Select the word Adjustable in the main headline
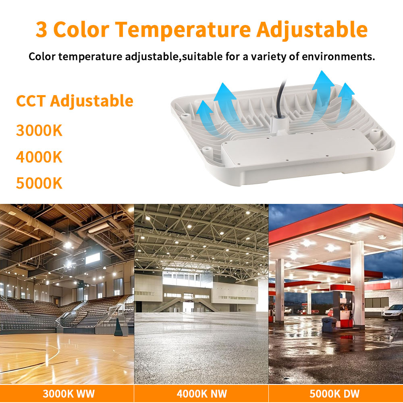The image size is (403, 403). [312, 29]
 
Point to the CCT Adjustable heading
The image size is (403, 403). [75, 100]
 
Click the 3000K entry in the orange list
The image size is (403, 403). [39, 130]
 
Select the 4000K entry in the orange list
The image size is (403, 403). [39, 157]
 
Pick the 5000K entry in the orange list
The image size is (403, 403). [39, 183]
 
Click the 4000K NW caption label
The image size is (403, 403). [201, 393]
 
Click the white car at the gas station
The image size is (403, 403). [393, 312]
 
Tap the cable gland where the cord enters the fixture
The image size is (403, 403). [278, 121]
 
